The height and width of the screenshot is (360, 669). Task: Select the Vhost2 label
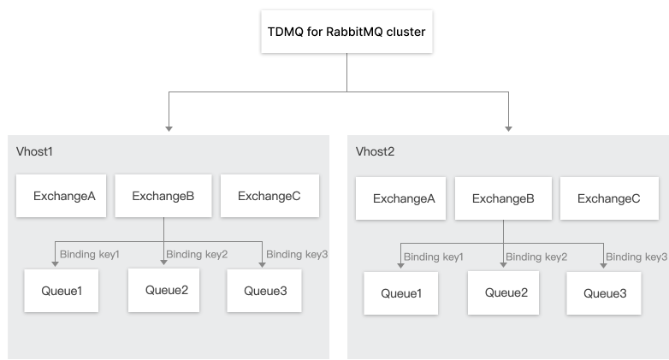(x=375, y=151)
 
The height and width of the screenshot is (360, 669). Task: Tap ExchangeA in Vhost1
(x=64, y=196)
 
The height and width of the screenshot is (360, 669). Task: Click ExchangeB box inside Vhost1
(x=163, y=196)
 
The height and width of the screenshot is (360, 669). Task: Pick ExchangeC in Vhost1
(x=269, y=196)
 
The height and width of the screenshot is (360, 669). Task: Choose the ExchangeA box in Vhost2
(x=404, y=199)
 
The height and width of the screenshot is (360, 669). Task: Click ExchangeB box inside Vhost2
(x=502, y=199)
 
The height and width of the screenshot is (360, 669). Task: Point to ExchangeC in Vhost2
(x=608, y=199)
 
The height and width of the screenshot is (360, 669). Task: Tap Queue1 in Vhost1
(x=62, y=291)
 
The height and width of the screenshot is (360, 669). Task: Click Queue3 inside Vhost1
(x=265, y=291)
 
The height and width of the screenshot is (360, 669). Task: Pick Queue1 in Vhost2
(x=400, y=293)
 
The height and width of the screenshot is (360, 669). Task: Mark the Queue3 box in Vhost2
(x=605, y=293)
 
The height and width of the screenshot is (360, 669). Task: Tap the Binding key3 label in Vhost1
(x=297, y=254)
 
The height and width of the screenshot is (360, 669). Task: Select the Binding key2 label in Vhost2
(x=536, y=257)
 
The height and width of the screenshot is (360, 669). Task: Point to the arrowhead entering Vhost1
(x=169, y=128)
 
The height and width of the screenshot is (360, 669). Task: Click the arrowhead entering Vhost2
(x=509, y=128)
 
